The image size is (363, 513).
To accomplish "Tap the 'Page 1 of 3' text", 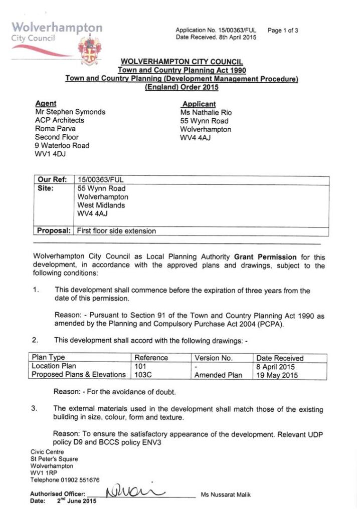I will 283,31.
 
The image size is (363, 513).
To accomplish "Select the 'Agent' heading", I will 46,103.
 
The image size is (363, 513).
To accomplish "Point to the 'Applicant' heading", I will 199,104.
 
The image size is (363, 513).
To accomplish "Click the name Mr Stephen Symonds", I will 70,112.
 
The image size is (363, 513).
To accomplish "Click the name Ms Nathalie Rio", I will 206,113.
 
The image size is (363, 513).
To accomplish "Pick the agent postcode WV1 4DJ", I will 50,154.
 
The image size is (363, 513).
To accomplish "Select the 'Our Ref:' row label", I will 53,180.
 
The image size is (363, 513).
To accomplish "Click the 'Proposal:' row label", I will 54,231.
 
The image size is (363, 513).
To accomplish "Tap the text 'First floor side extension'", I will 116,231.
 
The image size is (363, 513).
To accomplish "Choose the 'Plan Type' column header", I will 49,358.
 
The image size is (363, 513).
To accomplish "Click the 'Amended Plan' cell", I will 218,375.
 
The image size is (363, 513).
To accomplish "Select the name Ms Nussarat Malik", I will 226,495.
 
